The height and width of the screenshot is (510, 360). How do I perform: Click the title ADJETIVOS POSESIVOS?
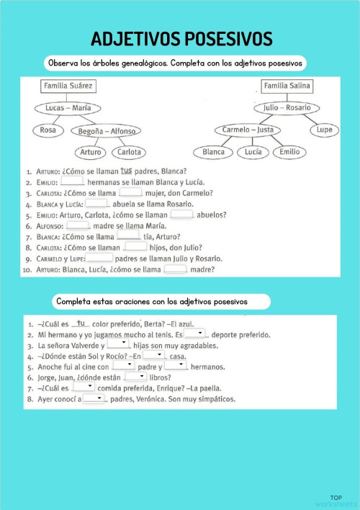(x=181, y=37)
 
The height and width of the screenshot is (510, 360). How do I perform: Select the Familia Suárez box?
(x=68, y=87)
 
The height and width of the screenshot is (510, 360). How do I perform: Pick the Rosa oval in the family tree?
(x=48, y=130)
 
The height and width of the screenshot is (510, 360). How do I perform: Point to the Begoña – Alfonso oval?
(x=107, y=130)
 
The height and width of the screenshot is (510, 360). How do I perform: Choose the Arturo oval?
(x=91, y=152)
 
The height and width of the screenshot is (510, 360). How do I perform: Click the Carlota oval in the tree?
(x=129, y=152)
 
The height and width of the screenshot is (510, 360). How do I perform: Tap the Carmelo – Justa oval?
(x=248, y=130)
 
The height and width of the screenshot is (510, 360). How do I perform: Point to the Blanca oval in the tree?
(x=214, y=152)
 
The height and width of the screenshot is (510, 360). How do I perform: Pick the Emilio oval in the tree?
(x=289, y=152)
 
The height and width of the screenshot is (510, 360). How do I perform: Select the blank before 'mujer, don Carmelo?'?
(x=130, y=192)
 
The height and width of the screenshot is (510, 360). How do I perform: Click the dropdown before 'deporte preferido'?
(x=194, y=334)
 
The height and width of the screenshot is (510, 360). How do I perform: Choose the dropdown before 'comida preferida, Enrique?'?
(x=84, y=387)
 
